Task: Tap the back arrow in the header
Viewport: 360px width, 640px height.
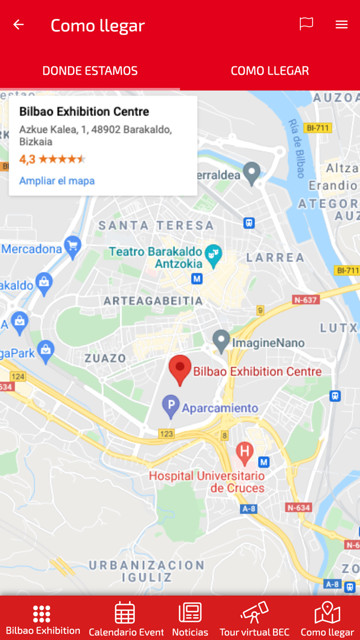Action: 19,25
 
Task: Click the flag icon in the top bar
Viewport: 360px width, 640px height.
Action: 306,24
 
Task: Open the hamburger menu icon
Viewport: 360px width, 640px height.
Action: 341,25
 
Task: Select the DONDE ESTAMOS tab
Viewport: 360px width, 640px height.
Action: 90,70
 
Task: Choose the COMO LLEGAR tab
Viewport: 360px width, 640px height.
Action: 269,70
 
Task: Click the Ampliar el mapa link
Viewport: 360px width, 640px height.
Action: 57,181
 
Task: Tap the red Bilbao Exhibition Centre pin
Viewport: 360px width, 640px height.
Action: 180,369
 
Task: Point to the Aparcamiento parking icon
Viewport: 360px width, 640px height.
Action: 171,406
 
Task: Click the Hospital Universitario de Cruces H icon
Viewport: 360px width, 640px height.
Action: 245,452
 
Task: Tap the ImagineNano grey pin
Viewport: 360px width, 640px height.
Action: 221,341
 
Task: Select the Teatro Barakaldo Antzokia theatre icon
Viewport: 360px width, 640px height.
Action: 212,255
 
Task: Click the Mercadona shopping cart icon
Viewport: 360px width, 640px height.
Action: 73,247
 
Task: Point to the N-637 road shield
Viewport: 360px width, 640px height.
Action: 306,299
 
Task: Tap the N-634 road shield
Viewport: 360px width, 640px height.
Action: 298,507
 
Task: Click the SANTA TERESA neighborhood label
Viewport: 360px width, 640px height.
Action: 156,225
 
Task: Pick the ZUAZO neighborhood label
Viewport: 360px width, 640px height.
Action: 105,358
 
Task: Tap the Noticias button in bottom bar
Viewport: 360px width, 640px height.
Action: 190,618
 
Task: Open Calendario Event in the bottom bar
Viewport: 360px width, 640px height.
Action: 125,618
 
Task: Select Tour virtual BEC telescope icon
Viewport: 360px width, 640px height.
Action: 254,612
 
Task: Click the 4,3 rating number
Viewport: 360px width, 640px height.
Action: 27,159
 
